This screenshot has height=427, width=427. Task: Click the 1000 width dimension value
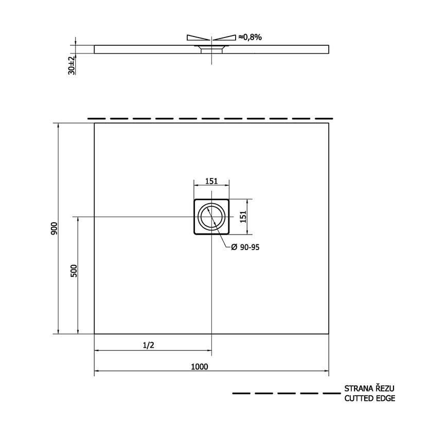point(199,366)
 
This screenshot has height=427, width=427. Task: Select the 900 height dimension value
point(54,228)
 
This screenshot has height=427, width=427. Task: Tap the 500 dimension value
point(74,271)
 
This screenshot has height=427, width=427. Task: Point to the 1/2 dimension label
point(148,345)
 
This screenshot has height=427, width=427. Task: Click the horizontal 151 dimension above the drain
point(211,181)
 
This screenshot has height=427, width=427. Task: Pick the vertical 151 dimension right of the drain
point(243,217)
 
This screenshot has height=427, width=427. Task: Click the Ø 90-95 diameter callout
point(245,247)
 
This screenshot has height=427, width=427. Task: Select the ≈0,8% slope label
point(250,37)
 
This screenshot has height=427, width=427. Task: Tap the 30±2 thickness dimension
point(72,65)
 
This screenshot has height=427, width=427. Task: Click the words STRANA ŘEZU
point(369,388)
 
